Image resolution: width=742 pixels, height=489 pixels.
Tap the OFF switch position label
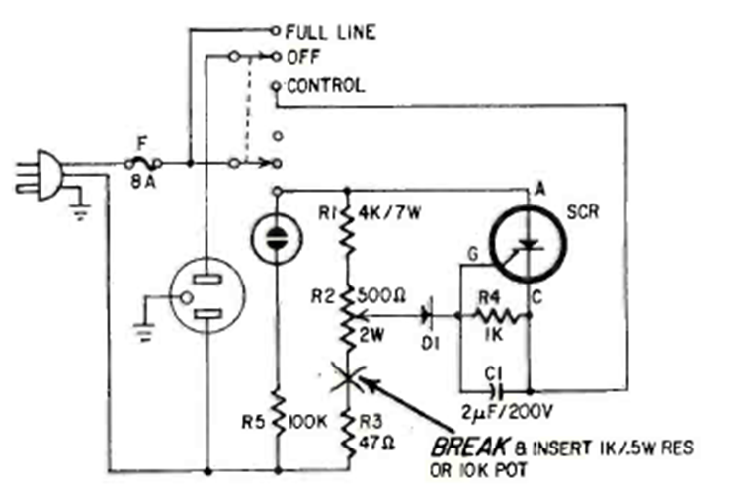click(300, 58)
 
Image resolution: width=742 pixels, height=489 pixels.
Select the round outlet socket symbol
click(206, 295)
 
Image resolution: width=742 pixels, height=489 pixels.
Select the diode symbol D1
click(426, 316)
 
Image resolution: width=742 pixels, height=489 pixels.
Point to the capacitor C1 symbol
click(493, 390)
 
